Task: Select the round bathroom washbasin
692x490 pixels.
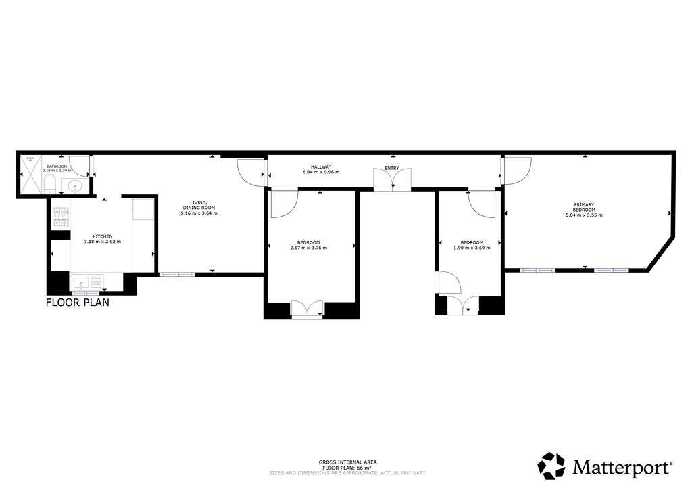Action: coord(74,185)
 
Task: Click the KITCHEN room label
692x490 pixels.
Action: coord(93,236)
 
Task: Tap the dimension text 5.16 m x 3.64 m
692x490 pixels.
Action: coord(199,213)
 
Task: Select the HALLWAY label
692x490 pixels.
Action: coord(320,166)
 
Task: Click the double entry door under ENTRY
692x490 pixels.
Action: coord(392,178)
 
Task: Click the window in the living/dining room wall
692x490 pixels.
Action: coord(177,274)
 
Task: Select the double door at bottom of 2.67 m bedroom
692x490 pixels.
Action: coord(307,309)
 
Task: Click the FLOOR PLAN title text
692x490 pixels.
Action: coord(77,303)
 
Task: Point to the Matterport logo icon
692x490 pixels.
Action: coord(551,466)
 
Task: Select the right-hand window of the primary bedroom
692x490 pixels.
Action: coord(611,270)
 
